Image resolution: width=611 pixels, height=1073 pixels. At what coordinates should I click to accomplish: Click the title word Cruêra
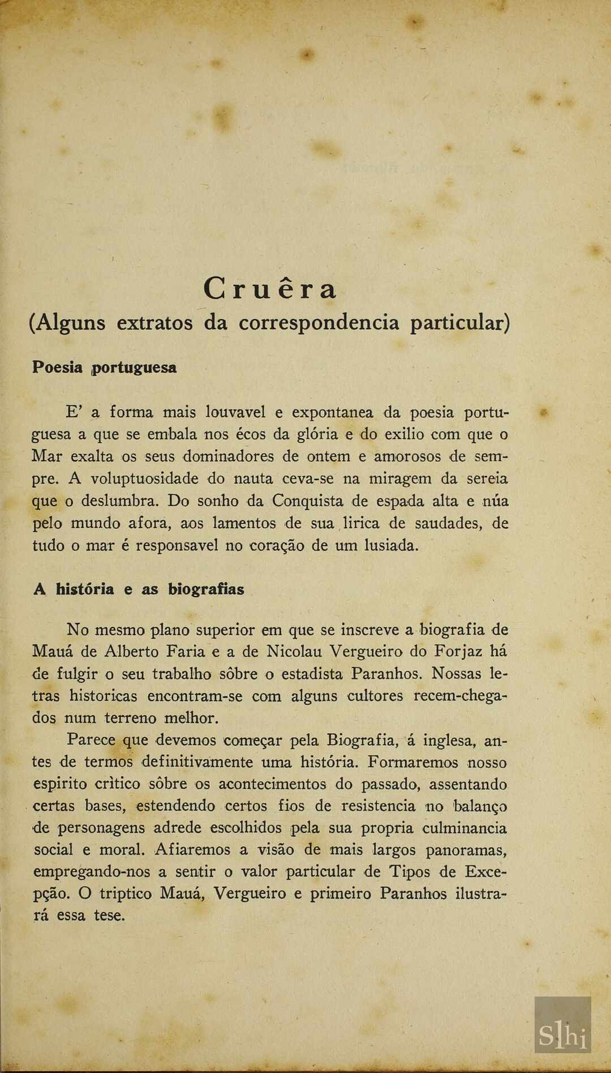[270, 289]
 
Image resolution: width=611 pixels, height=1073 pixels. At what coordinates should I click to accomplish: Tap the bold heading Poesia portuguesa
[104, 367]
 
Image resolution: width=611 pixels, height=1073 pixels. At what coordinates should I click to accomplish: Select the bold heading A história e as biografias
[139, 589]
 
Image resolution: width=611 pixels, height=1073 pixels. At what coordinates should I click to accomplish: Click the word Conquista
[307, 501]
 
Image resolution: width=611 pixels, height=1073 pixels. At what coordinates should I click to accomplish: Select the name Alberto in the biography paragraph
[131, 651]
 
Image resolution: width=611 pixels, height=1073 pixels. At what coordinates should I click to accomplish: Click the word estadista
[312, 674]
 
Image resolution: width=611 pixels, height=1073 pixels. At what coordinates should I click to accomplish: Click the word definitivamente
[197, 762]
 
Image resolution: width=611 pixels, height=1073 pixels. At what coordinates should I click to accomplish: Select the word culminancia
[464, 828]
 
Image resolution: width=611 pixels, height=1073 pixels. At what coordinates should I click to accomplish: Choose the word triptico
[126, 894]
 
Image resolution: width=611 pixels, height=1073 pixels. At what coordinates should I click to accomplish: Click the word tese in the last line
[109, 916]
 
